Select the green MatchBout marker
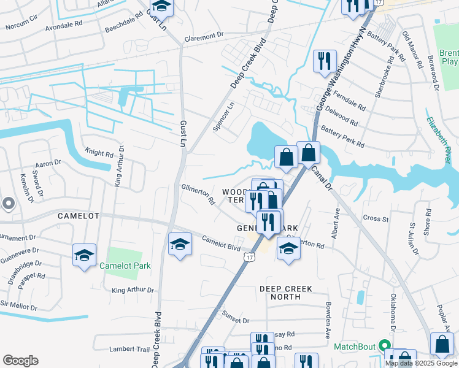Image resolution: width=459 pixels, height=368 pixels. point(385,347)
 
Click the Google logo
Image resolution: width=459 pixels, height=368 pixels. point(20,361)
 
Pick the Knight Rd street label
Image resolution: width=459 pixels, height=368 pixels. point(99,155)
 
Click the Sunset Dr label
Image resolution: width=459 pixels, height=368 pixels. point(236,320)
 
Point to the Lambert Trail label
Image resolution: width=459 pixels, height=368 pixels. point(129,349)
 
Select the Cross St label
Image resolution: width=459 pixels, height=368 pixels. point(376,218)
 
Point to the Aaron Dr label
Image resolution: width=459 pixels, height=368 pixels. point(49,163)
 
